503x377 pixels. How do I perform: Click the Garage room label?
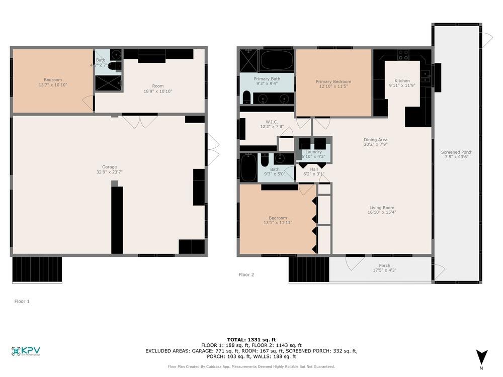click(x=109, y=167)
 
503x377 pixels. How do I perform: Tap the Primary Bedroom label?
click(x=333, y=81)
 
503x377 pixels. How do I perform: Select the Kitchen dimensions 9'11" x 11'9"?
click(x=402, y=86)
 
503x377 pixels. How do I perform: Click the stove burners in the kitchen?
click(x=403, y=55)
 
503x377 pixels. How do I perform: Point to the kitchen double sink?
click(x=425, y=76)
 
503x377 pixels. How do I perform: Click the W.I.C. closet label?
click(x=272, y=122)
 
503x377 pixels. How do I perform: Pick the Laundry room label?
click(x=313, y=151)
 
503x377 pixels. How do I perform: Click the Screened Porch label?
click(x=457, y=152)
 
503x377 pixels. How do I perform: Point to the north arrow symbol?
click(x=482, y=357)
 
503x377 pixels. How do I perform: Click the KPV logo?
click(x=26, y=351)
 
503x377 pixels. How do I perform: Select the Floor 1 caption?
click(x=22, y=301)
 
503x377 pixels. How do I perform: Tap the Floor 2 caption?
click(x=246, y=274)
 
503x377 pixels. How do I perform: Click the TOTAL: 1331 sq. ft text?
click(x=251, y=339)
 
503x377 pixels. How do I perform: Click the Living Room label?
click(x=382, y=208)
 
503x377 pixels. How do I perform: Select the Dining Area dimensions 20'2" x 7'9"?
click(x=376, y=144)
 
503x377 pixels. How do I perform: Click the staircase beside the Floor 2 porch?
click(x=308, y=270)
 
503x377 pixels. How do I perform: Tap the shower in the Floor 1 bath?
click(x=108, y=83)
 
